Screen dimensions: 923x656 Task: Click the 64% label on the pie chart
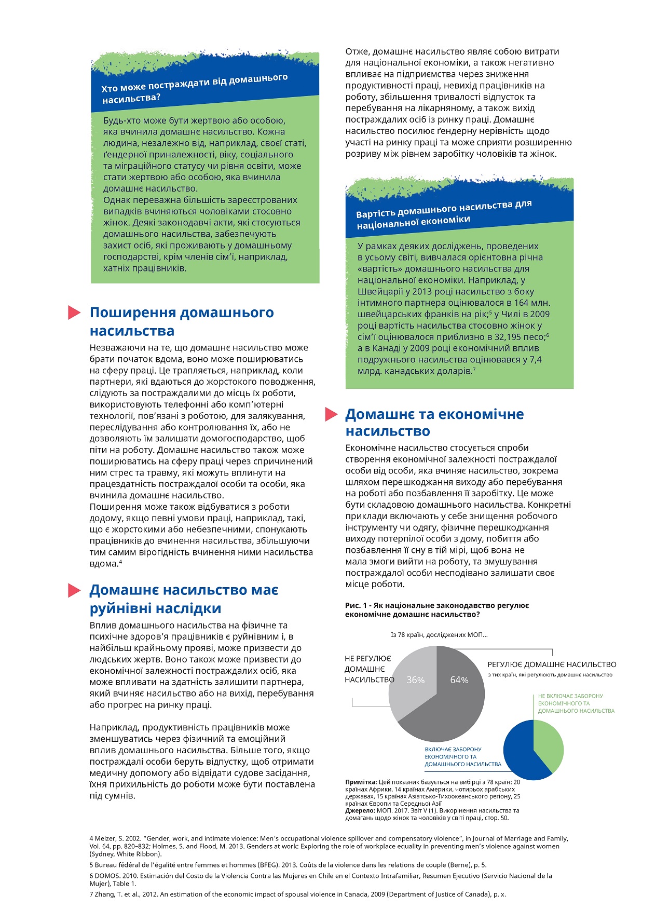coord(459,680)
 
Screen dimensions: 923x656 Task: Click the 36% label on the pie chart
coord(415,680)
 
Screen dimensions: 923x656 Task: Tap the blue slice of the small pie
coord(522,753)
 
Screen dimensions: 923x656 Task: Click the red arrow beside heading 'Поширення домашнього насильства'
coord(74,313)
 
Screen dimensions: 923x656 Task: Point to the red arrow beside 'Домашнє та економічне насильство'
coord(331,414)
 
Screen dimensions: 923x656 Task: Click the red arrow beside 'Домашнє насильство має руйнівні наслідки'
coord(74,590)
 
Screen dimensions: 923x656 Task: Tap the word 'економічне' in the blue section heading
coord(483,414)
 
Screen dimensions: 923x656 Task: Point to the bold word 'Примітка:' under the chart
coord(361,782)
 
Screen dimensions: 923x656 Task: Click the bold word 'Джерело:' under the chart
coord(360,810)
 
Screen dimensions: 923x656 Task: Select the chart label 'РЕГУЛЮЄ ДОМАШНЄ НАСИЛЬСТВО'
coord(552,664)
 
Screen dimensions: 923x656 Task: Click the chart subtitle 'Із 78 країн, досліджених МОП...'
coord(439,634)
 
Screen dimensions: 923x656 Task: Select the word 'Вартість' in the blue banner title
coord(374,214)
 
